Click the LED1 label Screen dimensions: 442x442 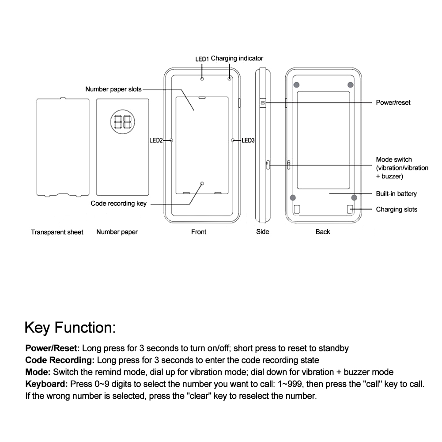(x=202, y=58)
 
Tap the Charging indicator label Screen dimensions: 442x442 (x=237, y=58)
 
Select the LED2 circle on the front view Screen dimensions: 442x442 (x=171, y=140)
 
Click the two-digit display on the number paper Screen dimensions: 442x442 (x=122, y=121)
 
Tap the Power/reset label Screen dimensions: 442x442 (x=393, y=102)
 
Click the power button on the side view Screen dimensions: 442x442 (x=262, y=102)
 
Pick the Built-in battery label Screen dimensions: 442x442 (x=396, y=194)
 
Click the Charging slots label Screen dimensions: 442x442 (x=396, y=209)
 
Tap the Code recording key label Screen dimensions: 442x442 (x=118, y=204)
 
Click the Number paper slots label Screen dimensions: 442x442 (x=113, y=89)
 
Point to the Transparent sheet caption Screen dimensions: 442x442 (x=57, y=232)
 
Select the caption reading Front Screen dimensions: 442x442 (x=199, y=231)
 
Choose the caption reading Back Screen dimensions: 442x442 (x=323, y=231)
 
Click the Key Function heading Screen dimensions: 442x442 (x=70, y=328)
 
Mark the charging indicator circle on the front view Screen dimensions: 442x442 (x=230, y=79)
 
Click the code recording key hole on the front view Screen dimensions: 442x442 (x=202, y=183)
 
